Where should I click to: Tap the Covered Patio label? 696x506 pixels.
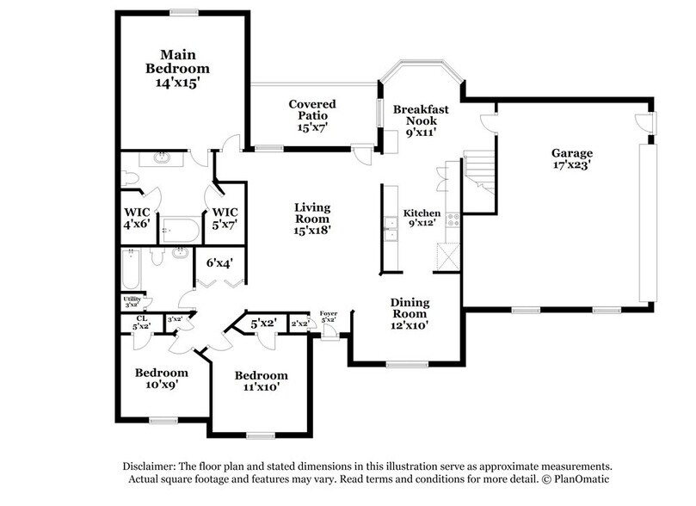312,115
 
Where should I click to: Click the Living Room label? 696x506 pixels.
312,219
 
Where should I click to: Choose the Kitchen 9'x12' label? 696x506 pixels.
422,218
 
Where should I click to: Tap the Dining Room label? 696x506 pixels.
410,313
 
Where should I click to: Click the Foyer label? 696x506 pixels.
328,317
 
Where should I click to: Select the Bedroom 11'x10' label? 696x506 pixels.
261,381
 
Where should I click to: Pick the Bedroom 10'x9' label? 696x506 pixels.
161,379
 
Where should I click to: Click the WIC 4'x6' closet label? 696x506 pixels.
137,218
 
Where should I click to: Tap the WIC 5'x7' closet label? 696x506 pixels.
225,218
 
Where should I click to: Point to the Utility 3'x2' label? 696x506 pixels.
132,301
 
